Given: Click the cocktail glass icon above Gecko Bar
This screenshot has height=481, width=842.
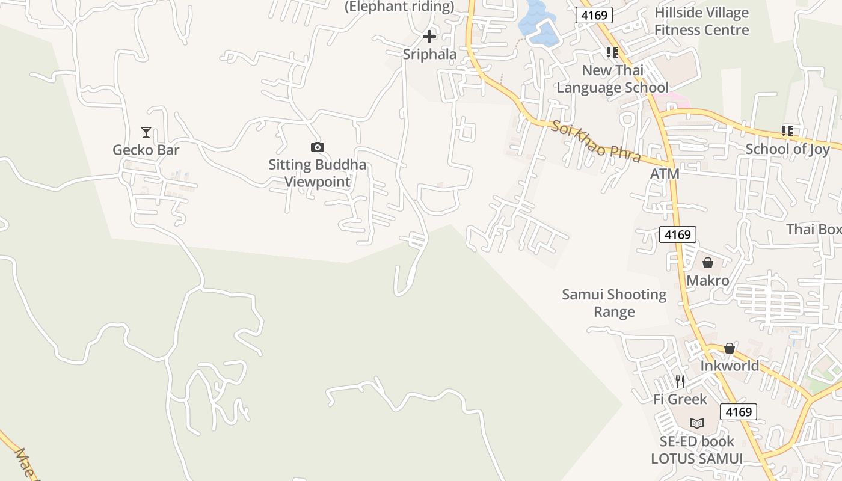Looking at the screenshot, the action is click(x=146, y=132).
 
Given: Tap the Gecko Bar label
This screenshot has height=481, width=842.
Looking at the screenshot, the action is click(x=146, y=149).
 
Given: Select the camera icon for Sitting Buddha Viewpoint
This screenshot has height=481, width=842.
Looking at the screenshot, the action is click(x=317, y=147).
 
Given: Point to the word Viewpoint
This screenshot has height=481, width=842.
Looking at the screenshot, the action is click(x=317, y=182).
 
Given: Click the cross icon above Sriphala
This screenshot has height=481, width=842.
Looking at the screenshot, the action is click(x=429, y=37).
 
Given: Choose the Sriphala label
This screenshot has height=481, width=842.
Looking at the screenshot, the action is click(x=429, y=54).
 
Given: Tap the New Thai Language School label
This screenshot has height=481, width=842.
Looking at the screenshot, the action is click(x=612, y=79).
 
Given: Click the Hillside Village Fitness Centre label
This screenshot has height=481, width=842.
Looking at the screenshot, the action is click(x=701, y=22).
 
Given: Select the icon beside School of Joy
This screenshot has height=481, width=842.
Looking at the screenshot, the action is click(x=787, y=130).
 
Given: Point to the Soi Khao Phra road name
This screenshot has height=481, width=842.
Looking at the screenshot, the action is click(x=595, y=142).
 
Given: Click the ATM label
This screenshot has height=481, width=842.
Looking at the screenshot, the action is click(x=665, y=174).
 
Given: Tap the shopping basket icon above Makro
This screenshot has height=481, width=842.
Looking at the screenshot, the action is click(x=708, y=263).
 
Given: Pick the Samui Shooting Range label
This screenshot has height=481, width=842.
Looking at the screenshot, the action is click(x=614, y=303).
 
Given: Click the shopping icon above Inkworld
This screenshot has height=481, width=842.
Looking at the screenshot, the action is click(x=730, y=348).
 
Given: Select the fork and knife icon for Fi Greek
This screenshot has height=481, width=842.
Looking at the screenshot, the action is click(x=680, y=381).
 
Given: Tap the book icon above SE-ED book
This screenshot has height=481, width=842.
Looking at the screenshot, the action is click(x=697, y=423).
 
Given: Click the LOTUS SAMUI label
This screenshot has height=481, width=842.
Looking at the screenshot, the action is click(x=696, y=458).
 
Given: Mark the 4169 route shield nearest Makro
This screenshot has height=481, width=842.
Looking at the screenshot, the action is click(x=678, y=234).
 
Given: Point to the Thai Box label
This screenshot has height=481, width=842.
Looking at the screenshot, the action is click(x=814, y=229).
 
